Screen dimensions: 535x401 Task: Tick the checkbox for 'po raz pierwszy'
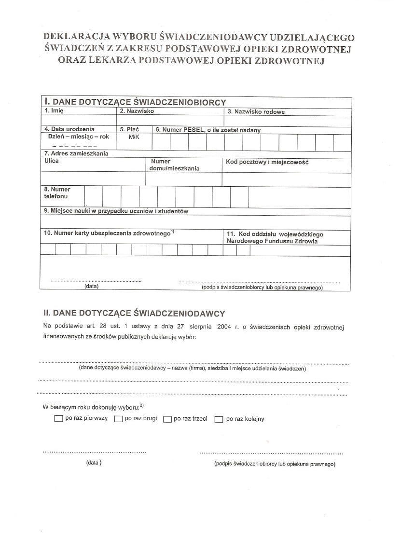(59, 419)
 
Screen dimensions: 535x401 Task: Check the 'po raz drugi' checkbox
(118, 419)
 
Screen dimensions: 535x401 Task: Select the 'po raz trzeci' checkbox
(167, 419)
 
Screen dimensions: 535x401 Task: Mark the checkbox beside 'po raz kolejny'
(219, 419)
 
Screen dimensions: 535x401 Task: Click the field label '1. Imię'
(54, 111)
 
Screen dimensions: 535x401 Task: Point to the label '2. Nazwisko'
(137, 111)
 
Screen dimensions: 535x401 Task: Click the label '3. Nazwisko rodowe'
(256, 112)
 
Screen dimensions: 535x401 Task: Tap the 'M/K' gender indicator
(134, 137)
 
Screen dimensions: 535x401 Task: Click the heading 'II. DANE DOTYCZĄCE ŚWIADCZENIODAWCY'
(134, 313)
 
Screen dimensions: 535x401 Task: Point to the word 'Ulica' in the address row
(51, 161)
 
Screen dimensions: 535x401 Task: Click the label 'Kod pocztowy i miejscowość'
(267, 162)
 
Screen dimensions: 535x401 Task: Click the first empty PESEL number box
(161, 142)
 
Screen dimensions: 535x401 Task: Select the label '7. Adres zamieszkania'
(76, 154)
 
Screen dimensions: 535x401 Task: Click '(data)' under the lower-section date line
(94, 463)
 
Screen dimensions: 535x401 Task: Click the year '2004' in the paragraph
(224, 327)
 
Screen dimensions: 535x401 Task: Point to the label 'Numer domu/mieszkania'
(175, 165)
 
